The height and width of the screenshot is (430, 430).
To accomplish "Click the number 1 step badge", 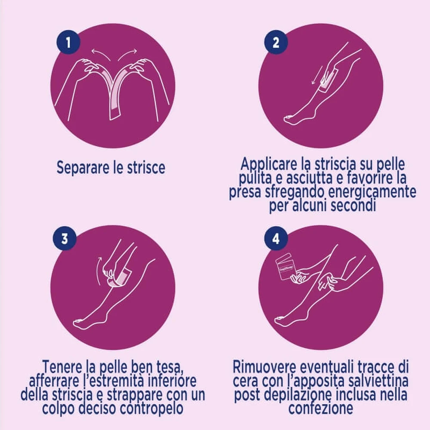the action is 68,42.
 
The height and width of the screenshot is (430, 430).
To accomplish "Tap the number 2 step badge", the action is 276,42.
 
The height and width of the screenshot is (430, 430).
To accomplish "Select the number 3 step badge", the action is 65,238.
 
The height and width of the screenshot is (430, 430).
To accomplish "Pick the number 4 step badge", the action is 276,238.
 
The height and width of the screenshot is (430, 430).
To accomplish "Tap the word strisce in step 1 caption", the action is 147,168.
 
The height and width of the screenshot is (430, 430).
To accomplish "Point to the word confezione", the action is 321,408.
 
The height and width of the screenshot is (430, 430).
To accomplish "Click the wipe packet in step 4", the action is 285,267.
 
